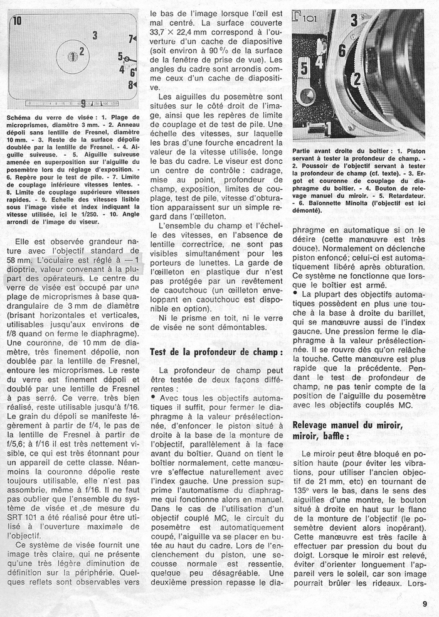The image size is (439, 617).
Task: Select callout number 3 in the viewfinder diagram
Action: pyautogui.click(x=95, y=35)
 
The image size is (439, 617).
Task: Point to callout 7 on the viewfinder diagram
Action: pyautogui.click(x=132, y=39)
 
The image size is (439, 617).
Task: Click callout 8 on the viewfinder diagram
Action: pyautogui.click(x=131, y=83)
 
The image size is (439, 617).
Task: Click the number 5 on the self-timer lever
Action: pyautogui.click(x=304, y=67)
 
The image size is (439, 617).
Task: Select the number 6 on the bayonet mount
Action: pyautogui.click(x=342, y=50)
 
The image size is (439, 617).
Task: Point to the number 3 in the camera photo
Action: pyautogui.click(x=354, y=21)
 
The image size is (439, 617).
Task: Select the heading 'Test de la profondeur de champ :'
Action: pyautogui.click(x=216, y=352)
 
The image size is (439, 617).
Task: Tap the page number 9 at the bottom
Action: pyautogui.click(x=425, y=604)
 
